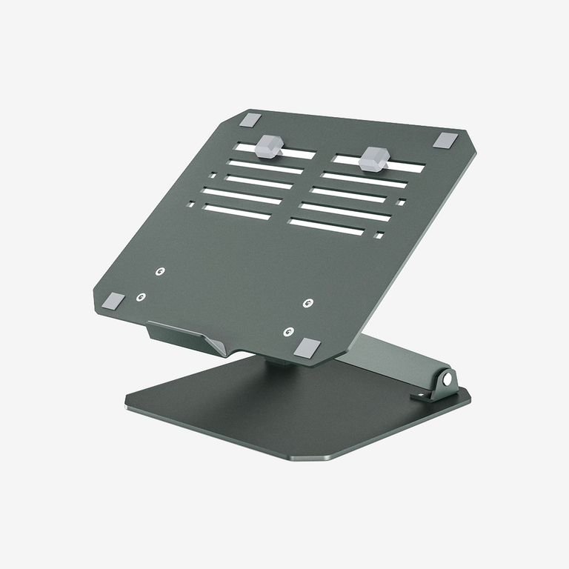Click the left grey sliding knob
tap(269, 146)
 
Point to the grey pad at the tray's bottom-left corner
tap(113, 300)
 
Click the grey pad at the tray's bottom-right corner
tap(307, 345)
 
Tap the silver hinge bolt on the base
tap(447, 379)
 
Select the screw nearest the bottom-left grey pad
tap(141, 297)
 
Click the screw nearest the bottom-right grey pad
tap(289, 331)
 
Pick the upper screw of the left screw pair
tap(160, 272)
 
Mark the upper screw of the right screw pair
tap(308, 303)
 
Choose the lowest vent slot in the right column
tap(326, 227)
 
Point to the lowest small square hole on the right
tap(379, 236)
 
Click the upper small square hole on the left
tap(213, 176)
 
